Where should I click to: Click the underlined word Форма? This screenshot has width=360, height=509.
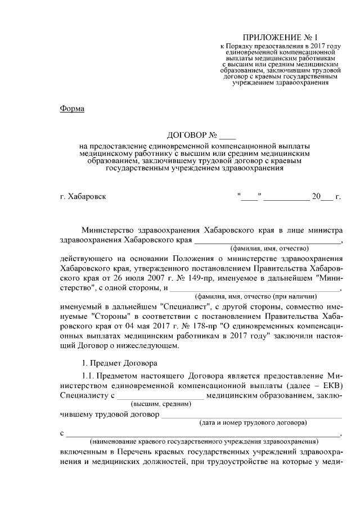(72, 109)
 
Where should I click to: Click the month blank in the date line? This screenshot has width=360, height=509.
(286, 197)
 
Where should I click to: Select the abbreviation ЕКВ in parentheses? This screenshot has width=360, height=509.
(331, 385)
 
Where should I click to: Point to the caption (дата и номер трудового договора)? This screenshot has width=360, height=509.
(254, 422)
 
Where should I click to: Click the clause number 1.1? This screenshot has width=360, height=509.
(89, 375)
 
